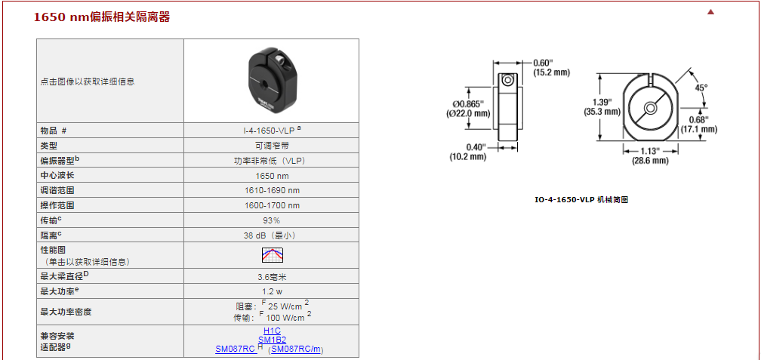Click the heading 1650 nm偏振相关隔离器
pos(102,17)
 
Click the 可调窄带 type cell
pos(272,145)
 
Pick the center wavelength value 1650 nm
pos(272,175)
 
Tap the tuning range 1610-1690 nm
pos(272,190)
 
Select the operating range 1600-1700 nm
pos(272,205)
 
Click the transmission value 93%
pos(272,220)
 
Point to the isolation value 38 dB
pos(272,235)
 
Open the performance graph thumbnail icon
pos(272,254)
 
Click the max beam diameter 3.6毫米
pos(272,277)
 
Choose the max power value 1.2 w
pos(272,291)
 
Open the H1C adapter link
pos(272,331)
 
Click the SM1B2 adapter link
pos(272,340)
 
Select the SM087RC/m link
pos(296,349)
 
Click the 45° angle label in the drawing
pos(701,88)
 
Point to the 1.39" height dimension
pos(602,106)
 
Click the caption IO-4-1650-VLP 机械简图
pos(581,200)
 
